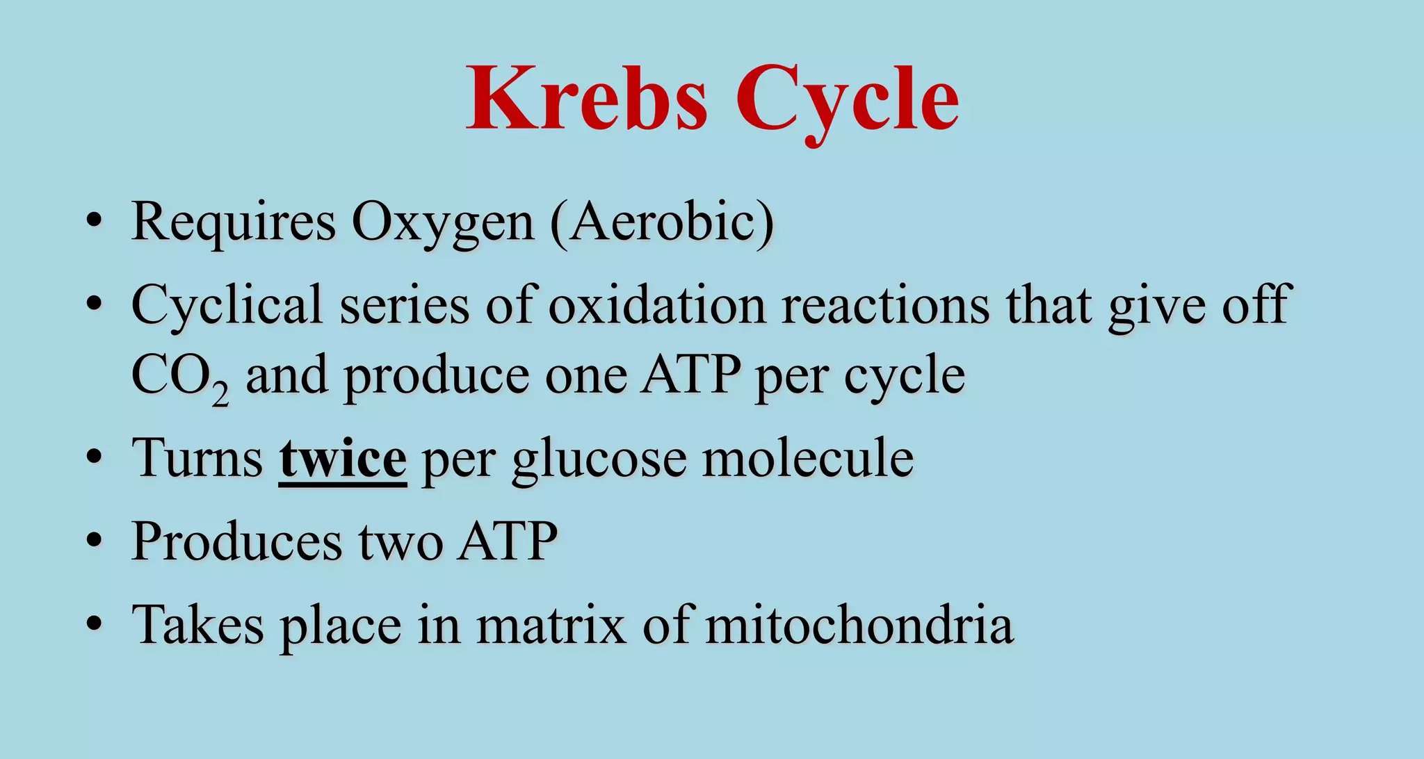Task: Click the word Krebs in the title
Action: click(x=588, y=99)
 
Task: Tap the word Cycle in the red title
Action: click(x=848, y=99)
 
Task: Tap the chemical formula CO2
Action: click(x=179, y=377)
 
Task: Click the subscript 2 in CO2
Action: click(x=220, y=394)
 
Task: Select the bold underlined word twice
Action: click(x=342, y=459)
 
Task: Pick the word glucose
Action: click(x=599, y=459)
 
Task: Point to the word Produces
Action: click(x=236, y=541)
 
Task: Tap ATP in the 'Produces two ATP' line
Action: click(x=508, y=541)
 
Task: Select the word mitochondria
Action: click(x=859, y=624)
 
